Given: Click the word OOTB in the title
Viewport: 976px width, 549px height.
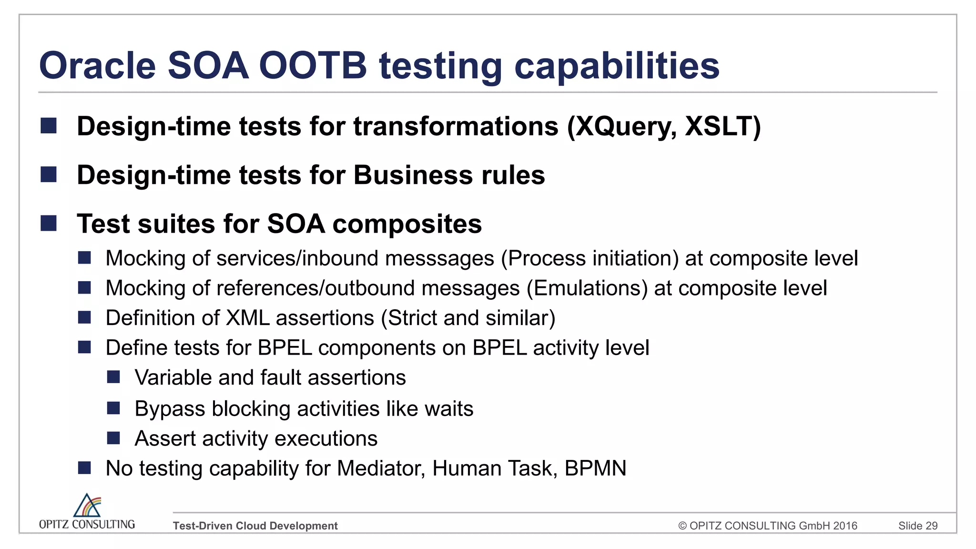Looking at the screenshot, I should click(313, 66).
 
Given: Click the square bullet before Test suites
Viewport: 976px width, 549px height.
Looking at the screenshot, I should click(49, 223).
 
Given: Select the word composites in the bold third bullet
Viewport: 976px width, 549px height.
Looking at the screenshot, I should click(407, 224).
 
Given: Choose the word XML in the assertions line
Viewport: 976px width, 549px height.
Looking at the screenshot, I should click(247, 318).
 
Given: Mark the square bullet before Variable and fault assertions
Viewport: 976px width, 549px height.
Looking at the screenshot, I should click(113, 377).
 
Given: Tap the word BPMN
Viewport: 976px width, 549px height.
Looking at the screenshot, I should click(595, 468).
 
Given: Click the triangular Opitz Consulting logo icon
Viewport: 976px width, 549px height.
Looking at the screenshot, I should click(87, 506).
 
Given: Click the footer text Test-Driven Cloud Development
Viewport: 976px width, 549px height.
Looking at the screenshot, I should click(255, 526).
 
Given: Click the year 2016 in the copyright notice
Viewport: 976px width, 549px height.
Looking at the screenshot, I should click(845, 526).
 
